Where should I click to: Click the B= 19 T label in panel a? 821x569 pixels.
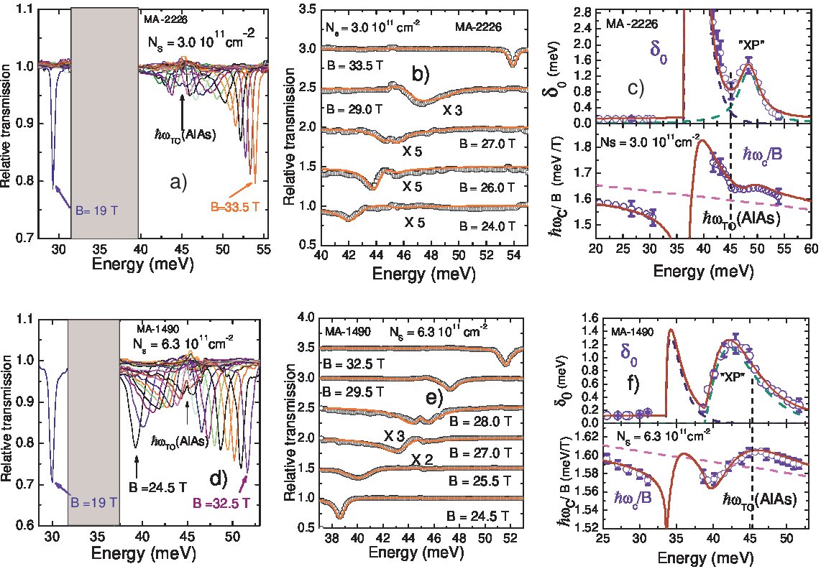coord(96,211)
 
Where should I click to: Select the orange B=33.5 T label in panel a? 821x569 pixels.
coord(235,207)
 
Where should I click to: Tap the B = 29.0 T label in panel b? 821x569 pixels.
coord(354,109)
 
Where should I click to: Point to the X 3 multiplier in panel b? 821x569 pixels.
coord(452,111)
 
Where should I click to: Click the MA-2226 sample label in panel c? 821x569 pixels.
coord(631,24)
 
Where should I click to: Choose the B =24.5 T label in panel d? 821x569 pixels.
coord(157,487)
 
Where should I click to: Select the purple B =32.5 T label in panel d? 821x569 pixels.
coord(221,504)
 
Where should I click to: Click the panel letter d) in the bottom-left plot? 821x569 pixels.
coord(218,478)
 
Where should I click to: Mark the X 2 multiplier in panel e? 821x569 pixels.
coord(422,460)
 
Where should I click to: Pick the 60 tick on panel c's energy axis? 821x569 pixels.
coord(812,248)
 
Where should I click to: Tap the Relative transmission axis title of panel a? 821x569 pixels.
coord(6,126)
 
